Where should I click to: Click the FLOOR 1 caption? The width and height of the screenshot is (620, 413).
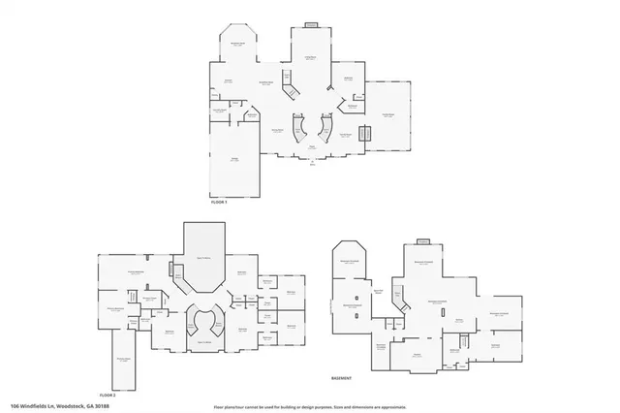pos(218,202)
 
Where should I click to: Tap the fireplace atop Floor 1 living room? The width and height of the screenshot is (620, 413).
pos(311,25)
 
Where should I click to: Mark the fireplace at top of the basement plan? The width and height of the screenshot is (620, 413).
pos(422,241)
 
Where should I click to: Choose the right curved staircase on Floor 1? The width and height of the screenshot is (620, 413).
pos(325,128)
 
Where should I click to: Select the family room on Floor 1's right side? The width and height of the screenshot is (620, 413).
pos(387,114)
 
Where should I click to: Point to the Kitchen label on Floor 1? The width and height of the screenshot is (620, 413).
pos(229,80)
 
